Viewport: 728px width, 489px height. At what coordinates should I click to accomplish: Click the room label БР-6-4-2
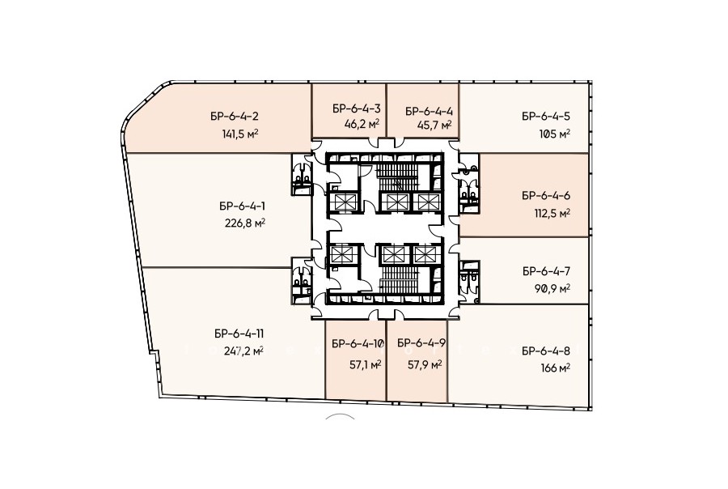coord(234,117)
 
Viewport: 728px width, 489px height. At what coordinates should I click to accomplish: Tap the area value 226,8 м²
coord(244,223)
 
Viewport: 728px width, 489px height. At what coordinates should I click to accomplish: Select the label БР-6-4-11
coord(239,334)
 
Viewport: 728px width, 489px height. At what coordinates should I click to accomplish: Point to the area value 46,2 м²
coord(362,124)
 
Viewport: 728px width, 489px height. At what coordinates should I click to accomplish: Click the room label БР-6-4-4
coord(429,111)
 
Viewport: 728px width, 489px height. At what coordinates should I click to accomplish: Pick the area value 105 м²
coord(554,134)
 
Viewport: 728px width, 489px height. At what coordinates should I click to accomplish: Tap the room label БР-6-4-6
coord(546,196)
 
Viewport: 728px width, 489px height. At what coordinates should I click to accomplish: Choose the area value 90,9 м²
coord(552,289)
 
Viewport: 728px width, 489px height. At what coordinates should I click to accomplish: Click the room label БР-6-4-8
coord(546,351)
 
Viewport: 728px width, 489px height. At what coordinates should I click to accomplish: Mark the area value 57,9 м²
coord(425,365)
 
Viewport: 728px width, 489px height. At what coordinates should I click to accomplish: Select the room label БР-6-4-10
coord(358,344)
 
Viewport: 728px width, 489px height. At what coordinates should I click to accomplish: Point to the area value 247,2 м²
coord(243,351)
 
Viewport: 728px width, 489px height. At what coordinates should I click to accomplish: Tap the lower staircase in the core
coord(396,281)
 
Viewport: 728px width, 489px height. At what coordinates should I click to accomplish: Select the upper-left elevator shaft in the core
coord(345,202)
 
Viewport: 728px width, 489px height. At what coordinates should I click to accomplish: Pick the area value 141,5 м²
coord(240,134)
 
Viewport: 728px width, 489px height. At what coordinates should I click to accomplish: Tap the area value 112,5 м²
coord(552,214)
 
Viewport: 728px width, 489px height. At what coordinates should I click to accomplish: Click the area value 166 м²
coord(555,368)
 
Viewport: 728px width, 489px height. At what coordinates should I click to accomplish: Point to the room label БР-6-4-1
coord(243,206)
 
